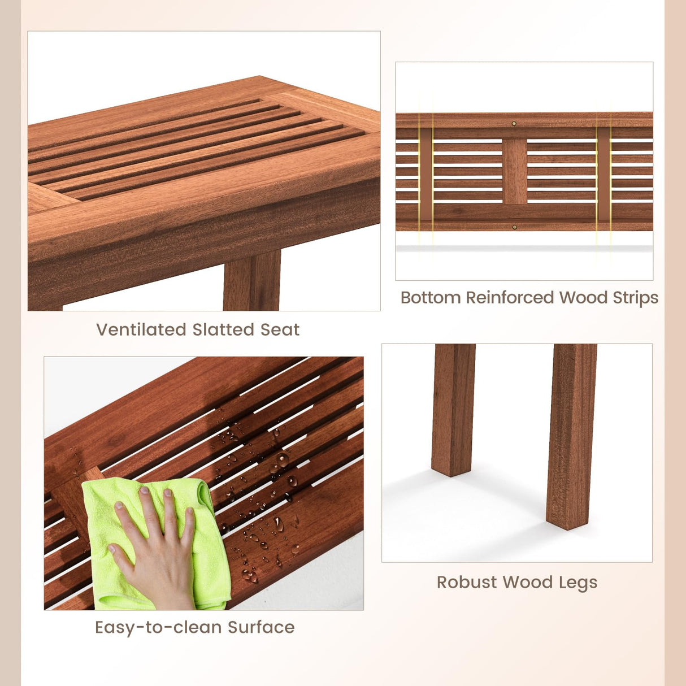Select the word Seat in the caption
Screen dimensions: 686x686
pos(280,329)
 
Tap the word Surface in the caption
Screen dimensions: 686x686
pos(261,627)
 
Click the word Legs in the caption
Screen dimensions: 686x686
pos(578,583)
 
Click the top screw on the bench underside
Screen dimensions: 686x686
pos(514,123)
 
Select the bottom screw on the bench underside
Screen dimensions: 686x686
pos(514,227)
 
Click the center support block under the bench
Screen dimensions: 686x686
pos(514,171)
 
